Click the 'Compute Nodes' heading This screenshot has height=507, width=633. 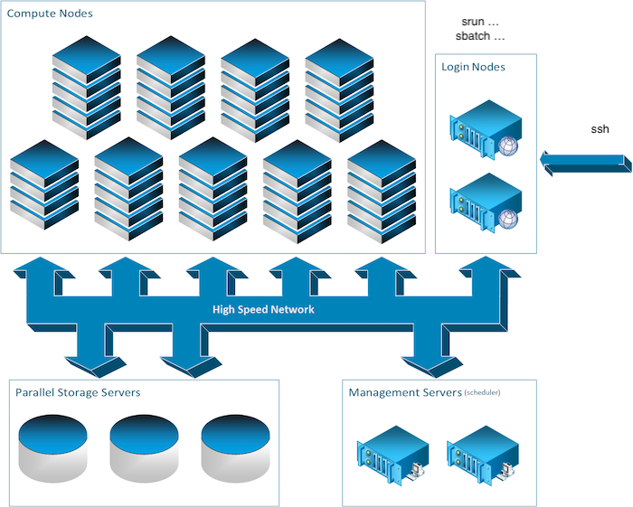point(50,14)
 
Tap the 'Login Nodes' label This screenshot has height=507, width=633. point(473,67)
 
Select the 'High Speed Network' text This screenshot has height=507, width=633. point(263,309)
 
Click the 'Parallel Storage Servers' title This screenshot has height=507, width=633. point(78,392)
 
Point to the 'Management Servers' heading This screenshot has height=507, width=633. point(404,392)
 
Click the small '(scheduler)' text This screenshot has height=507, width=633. point(482,393)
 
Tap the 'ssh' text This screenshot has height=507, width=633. point(600,129)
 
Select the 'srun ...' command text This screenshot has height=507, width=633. point(481,21)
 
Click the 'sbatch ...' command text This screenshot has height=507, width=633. point(481,36)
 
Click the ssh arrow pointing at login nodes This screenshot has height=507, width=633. point(583,162)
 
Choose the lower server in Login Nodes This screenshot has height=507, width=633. point(486,200)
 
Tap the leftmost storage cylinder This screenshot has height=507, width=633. point(52,447)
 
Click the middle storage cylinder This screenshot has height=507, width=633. point(144,447)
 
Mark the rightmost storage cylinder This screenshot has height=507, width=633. point(235,447)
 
